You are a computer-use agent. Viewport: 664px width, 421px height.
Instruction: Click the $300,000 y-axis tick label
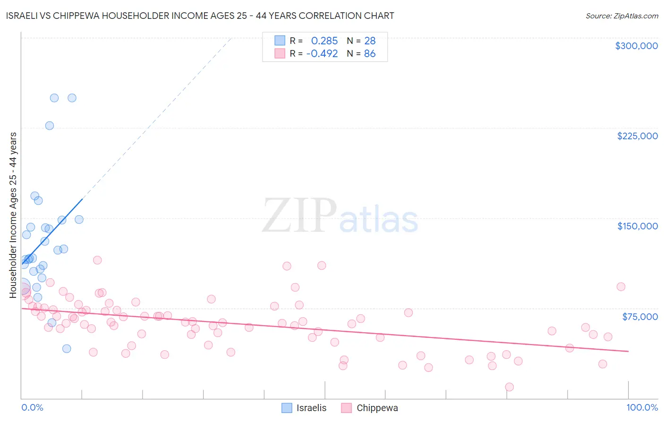pyautogui.click(x=636, y=46)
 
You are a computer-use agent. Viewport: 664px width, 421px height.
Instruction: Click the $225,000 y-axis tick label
pyautogui.click(x=637, y=136)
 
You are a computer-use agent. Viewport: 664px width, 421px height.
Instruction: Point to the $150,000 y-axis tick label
pyautogui.click(x=637, y=226)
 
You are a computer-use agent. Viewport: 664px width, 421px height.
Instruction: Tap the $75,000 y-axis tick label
pyautogui.click(x=639, y=317)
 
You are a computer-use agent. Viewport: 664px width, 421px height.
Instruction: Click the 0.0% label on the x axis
pyautogui.click(x=32, y=407)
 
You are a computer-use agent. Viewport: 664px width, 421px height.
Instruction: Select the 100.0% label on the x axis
pyautogui.click(x=642, y=407)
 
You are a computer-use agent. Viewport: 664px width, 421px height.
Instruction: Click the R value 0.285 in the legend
pyautogui.click(x=324, y=41)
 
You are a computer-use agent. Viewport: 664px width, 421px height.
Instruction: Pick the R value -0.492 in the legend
pyautogui.click(x=322, y=54)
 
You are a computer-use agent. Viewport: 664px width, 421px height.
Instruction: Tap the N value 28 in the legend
pyautogui.click(x=370, y=41)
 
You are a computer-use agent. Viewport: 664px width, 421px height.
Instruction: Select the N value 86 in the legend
pyautogui.click(x=370, y=54)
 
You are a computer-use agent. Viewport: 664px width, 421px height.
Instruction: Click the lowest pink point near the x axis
pyautogui.click(x=509, y=387)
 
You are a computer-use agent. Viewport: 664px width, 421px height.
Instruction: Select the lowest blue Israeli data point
pyautogui.click(x=67, y=349)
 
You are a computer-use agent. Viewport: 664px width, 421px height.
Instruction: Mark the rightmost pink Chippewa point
pyautogui.click(x=621, y=287)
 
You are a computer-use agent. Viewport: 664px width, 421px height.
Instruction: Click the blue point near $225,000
pyautogui.click(x=50, y=126)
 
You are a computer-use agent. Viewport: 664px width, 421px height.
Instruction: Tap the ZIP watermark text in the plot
pyautogui.click(x=299, y=216)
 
